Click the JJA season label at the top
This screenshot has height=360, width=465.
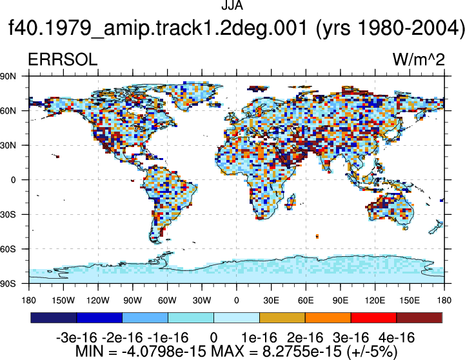tap(232, 5)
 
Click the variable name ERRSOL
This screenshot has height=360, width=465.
tap(63, 59)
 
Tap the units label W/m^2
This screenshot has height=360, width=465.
tap(419, 59)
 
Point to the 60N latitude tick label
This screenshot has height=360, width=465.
tap(8, 111)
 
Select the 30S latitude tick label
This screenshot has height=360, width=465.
tap(8, 214)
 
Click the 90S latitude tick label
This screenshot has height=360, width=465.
tap(8, 284)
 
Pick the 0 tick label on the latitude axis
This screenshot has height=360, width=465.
tap(13, 180)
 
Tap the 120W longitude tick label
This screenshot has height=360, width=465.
tap(98, 301)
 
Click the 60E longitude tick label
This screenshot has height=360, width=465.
tap(306, 301)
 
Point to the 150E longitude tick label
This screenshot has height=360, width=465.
tap(410, 301)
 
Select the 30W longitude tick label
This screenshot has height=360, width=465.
tap(202, 301)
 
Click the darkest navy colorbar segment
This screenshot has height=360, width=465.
tap(54, 317)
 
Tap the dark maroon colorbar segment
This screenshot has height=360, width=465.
tap(419, 317)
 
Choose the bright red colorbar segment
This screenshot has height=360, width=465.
tap(373, 317)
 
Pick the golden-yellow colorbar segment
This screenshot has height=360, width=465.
tap(282, 317)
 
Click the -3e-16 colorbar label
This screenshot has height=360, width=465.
tap(77, 337)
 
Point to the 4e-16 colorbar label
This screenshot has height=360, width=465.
tap(397, 337)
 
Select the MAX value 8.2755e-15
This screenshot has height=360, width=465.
tap(302, 351)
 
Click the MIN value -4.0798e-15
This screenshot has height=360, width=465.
tap(164, 351)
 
